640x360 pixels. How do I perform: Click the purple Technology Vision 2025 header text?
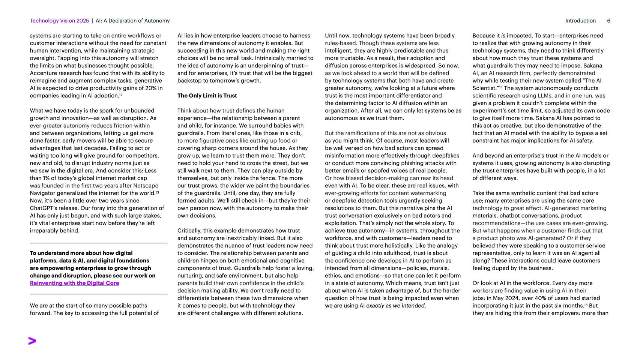pyautogui.click(x=59, y=21)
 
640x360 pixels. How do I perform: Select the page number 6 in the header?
pyautogui.click(x=608, y=21)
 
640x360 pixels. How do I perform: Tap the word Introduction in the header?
pyautogui.click(x=580, y=21)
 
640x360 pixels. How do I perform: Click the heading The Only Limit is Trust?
pyautogui.click(x=207, y=96)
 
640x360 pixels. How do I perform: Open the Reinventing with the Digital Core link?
pyautogui.click(x=74, y=283)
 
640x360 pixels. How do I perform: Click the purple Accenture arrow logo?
pyautogui.click(x=32, y=341)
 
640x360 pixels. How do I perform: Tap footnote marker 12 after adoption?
pyautogui.click(x=121, y=95)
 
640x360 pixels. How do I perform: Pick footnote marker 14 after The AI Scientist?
pyautogui.click(x=500, y=87)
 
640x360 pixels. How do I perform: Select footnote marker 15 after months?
pyautogui.click(x=586, y=305)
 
